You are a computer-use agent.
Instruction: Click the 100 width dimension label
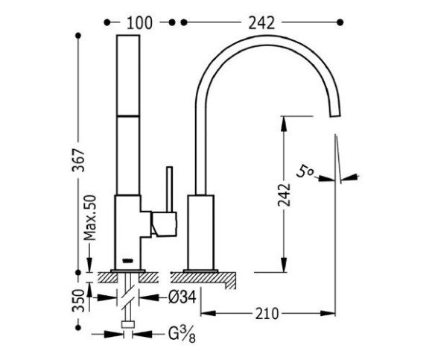coord(139,23)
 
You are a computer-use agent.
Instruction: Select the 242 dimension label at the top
coord(261,23)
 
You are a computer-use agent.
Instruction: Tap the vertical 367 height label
coord(78,160)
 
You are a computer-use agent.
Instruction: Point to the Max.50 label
coord(90,218)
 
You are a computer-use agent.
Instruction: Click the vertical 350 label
coord(78,300)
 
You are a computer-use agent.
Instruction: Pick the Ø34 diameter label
coord(182,297)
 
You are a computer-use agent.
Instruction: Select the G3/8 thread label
coord(182,335)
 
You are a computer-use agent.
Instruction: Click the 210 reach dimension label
coord(267,314)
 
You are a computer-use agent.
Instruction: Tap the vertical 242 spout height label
coord(285,195)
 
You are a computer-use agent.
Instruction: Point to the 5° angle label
coord(305,171)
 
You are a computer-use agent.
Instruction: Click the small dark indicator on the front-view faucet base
coord(127,260)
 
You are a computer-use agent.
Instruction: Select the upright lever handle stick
coord(169,189)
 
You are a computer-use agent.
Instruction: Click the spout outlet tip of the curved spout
coord(334,115)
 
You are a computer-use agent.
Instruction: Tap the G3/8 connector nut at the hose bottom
coord(128,325)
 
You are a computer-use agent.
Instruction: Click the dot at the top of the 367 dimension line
coord(78,36)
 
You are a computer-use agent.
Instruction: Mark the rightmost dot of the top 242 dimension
coord(340,22)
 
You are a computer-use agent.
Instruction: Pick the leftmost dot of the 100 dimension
coord(107,22)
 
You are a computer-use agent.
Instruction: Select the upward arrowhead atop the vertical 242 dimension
coord(284,124)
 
